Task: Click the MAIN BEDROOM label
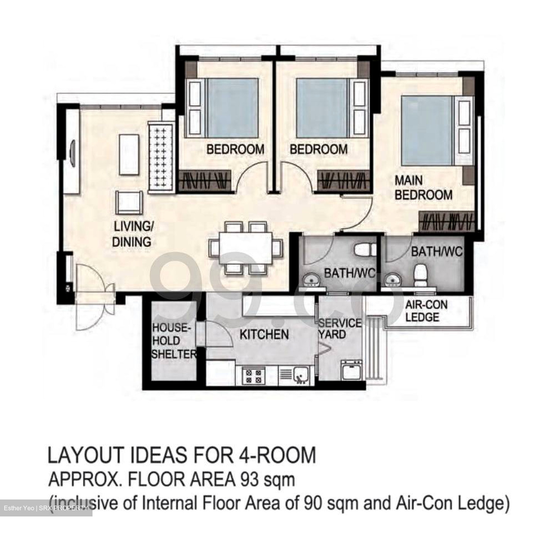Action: [423, 188]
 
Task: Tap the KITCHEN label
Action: [264, 334]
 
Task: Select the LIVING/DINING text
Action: [132, 234]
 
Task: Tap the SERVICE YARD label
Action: [339, 328]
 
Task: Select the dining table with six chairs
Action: [245, 247]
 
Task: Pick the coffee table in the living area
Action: [129, 154]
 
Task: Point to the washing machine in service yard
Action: [351, 371]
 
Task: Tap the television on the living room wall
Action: [72, 150]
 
